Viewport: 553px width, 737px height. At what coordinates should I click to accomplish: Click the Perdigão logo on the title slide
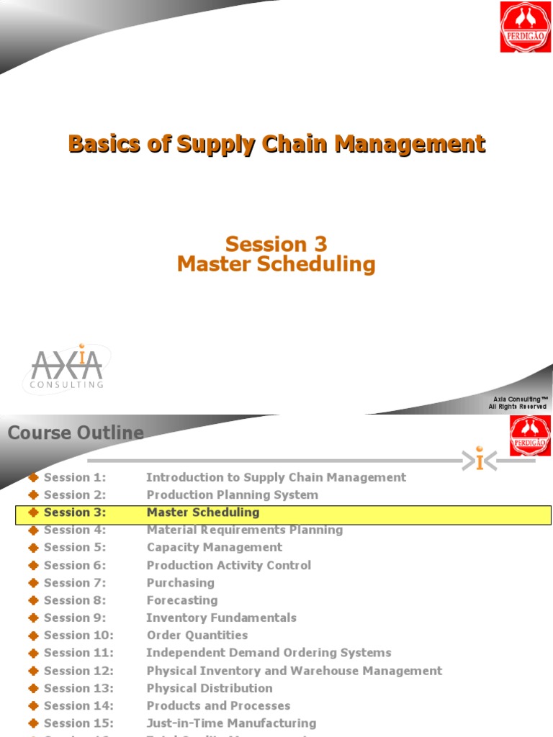coord(525,27)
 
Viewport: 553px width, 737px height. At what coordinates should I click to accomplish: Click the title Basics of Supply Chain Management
coord(276,144)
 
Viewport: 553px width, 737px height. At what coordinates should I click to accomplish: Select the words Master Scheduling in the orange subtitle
coord(276,264)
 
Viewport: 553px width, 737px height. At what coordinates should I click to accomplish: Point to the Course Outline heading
coord(76,433)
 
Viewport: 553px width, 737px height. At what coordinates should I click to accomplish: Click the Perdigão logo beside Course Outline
coord(530,436)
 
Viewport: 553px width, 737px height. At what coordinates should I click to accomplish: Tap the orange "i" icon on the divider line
coord(480,460)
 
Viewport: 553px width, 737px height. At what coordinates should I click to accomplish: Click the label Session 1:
coord(75,477)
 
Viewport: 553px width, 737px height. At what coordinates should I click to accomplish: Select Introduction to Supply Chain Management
coord(276,477)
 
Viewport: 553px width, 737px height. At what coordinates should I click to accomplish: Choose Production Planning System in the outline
coord(232,494)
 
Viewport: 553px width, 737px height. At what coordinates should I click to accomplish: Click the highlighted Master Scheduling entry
coord(203,512)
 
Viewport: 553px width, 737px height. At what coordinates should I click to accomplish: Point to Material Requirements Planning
coord(245,530)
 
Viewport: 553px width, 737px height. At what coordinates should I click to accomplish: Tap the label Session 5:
coord(75,547)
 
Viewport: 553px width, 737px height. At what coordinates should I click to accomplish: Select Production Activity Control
coord(229,565)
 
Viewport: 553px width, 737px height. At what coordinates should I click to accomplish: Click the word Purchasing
coord(181,582)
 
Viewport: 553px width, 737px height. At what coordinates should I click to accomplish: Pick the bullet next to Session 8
coord(33,600)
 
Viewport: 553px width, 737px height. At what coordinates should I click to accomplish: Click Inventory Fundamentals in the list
coord(221,618)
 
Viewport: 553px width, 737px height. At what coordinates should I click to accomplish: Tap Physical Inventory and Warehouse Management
coord(295,670)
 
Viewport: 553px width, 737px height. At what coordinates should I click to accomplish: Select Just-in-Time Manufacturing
coord(231,723)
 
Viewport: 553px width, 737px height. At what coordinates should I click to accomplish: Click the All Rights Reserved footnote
coord(517,407)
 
